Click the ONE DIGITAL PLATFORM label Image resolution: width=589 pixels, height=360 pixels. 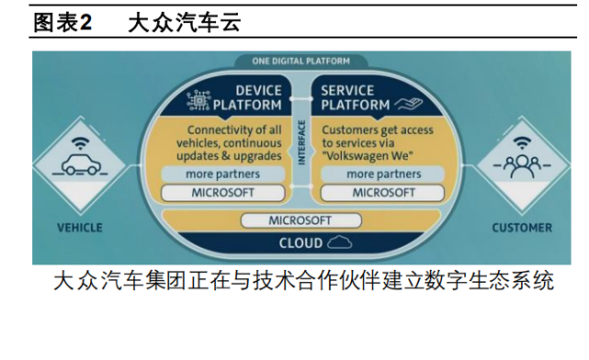point(300,62)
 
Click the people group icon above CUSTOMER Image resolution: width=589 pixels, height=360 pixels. point(521,166)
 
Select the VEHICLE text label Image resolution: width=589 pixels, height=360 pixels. point(80,227)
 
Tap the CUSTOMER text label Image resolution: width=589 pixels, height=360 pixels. point(521,227)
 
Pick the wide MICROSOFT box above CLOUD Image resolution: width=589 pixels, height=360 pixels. point(300,221)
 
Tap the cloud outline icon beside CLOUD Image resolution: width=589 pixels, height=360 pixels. point(338,242)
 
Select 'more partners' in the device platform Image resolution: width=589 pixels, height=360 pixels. point(223,174)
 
